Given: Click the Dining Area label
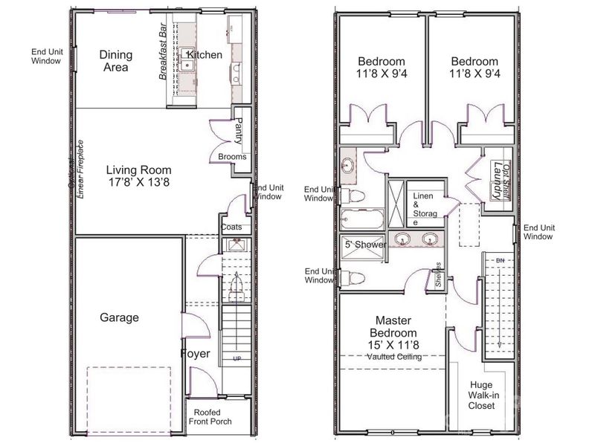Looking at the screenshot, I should pyautogui.click(x=116, y=61).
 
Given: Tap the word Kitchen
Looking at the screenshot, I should pyautogui.click(x=205, y=55).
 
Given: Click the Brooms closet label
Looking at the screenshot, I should pyautogui.click(x=232, y=156).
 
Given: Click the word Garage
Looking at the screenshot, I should pyautogui.click(x=119, y=317).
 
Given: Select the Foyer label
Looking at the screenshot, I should pyautogui.click(x=195, y=354).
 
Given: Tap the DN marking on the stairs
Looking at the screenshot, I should pyautogui.click(x=501, y=259).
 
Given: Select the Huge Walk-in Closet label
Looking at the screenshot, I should pyautogui.click(x=481, y=395).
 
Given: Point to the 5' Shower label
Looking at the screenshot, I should pyautogui.click(x=363, y=244).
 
